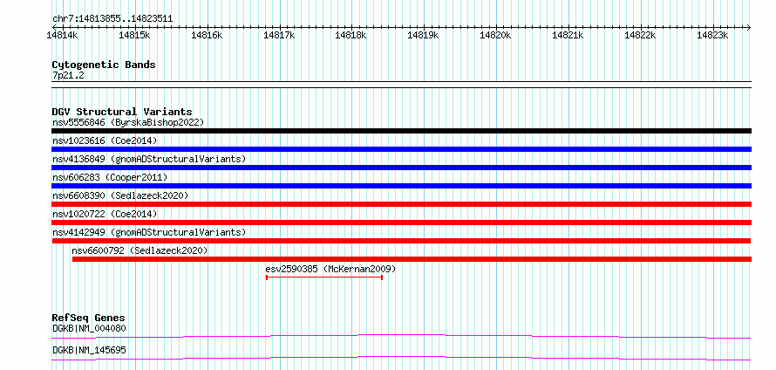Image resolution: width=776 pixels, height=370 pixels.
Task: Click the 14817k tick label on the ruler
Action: click(x=280, y=35)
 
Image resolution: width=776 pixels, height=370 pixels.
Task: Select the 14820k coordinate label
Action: click(x=496, y=35)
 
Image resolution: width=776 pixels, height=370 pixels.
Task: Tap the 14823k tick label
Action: click(x=712, y=35)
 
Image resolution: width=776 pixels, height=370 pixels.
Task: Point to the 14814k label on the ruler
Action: click(x=63, y=35)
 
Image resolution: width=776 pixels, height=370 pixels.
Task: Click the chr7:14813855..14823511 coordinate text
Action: click(x=112, y=19)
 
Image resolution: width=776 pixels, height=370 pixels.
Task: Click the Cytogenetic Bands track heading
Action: click(x=104, y=65)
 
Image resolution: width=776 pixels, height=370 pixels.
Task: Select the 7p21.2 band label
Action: click(x=67, y=75)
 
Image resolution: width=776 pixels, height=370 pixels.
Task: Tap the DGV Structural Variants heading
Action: click(x=122, y=112)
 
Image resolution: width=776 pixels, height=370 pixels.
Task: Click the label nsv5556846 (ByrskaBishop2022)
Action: click(x=128, y=122)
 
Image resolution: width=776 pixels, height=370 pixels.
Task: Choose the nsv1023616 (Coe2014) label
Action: click(x=105, y=140)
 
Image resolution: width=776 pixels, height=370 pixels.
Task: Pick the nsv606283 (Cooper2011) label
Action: click(x=110, y=177)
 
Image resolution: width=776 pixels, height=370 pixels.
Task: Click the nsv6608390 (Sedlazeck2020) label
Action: click(x=120, y=195)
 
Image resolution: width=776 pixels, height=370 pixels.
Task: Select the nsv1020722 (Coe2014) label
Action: click(x=105, y=214)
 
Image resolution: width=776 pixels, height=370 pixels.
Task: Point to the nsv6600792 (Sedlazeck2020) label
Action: click(x=140, y=250)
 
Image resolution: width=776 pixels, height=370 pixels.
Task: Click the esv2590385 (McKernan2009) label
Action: click(x=330, y=269)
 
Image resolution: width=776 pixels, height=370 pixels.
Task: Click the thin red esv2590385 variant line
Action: click(x=324, y=277)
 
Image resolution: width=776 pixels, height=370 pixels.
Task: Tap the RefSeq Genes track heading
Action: click(x=89, y=318)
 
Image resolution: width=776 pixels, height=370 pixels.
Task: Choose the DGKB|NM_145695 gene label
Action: click(x=89, y=350)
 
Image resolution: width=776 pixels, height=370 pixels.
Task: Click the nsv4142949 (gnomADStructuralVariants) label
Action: click(x=149, y=232)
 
